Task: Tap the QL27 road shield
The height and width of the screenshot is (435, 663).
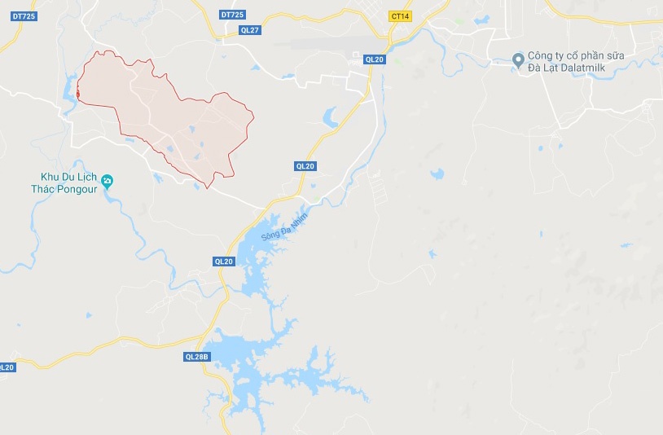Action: [x=249, y=30]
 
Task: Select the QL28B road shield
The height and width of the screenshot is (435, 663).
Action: [x=196, y=356]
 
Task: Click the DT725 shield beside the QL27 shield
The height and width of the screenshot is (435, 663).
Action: [x=232, y=15]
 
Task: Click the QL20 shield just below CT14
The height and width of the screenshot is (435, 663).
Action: [x=374, y=59]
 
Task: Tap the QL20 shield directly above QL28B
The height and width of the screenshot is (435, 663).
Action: [x=223, y=261]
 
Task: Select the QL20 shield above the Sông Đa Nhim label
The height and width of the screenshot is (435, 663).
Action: [x=305, y=166]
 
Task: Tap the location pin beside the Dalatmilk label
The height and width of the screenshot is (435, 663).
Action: [x=516, y=59]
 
